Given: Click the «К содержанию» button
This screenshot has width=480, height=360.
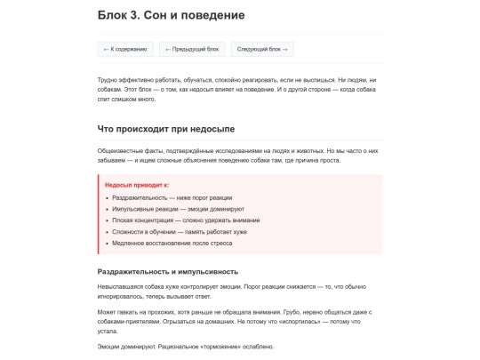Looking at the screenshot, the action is click(125, 50).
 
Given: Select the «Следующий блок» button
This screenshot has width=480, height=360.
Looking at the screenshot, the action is click(262, 50).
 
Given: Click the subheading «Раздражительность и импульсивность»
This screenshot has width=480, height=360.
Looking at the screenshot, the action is click(167, 270).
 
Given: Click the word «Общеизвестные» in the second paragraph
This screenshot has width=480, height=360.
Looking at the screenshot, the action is click(120, 150).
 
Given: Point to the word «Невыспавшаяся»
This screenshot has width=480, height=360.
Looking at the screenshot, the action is click(121, 286).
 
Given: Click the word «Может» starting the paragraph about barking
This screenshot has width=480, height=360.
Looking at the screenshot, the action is click(107, 312).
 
